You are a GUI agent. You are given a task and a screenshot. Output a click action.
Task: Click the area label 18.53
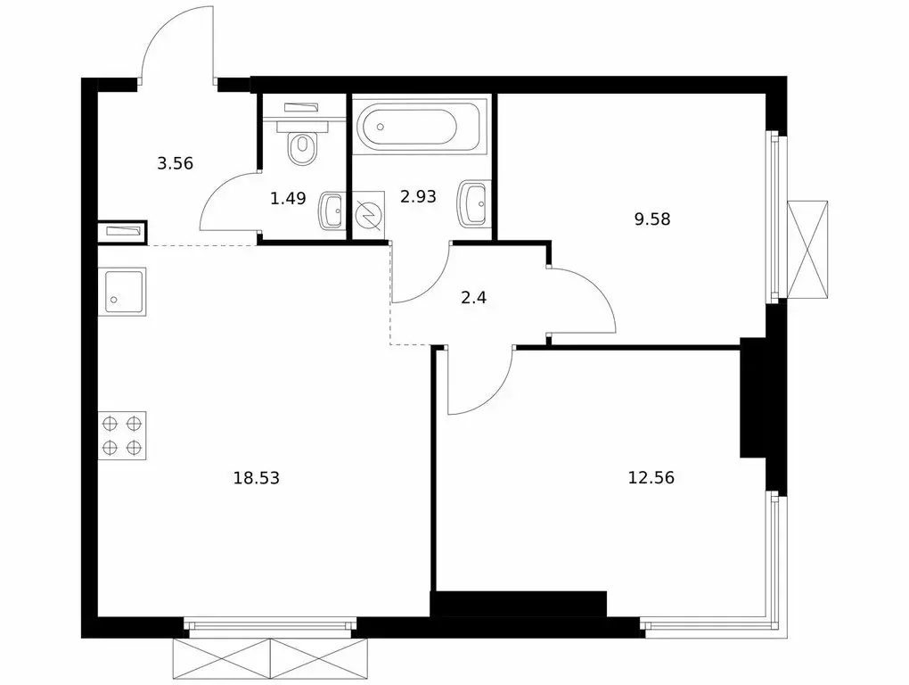pyautogui.click(x=257, y=478)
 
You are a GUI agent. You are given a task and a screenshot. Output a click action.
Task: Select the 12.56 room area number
pyautogui.click(x=651, y=477)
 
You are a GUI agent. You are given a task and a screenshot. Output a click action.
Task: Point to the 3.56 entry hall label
pyautogui.click(x=176, y=162)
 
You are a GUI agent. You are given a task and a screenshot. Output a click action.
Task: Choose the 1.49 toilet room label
pyautogui.click(x=288, y=198)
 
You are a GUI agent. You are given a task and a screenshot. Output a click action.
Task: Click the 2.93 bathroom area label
pyautogui.click(x=418, y=197)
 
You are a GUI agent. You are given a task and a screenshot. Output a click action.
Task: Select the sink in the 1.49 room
pyautogui.click(x=332, y=210)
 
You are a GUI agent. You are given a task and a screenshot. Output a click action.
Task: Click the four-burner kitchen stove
pyautogui.click(x=122, y=435)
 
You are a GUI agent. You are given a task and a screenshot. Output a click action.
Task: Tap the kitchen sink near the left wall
pyautogui.click(x=121, y=291)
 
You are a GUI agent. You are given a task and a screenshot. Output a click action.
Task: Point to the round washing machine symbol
pyautogui.click(x=368, y=217)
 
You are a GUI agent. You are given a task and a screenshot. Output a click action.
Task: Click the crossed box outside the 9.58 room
pyautogui.click(x=808, y=249)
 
